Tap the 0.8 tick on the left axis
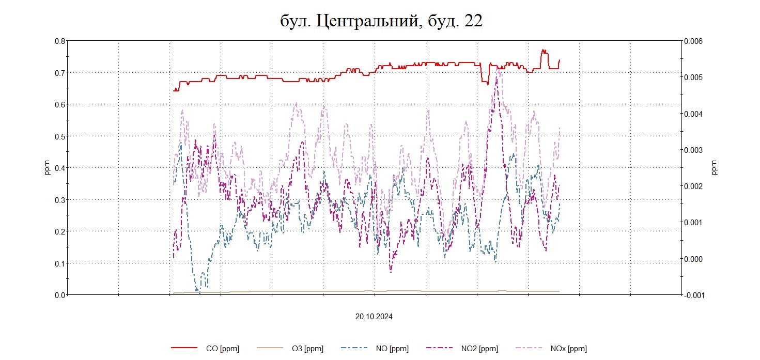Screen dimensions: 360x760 (60, 41)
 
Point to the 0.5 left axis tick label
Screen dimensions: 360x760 (60, 136)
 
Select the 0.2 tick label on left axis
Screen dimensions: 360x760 (60, 231)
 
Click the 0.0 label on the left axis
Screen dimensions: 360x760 (60, 295)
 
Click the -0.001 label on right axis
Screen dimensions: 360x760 (693, 295)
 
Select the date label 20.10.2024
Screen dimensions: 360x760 (374, 317)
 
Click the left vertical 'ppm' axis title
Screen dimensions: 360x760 (47, 168)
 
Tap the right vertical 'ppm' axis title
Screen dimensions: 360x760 (714, 168)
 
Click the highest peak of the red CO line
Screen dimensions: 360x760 (543, 50)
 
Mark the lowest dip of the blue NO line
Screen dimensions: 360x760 (197, 292)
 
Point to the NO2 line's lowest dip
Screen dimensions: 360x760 (391, 271)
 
